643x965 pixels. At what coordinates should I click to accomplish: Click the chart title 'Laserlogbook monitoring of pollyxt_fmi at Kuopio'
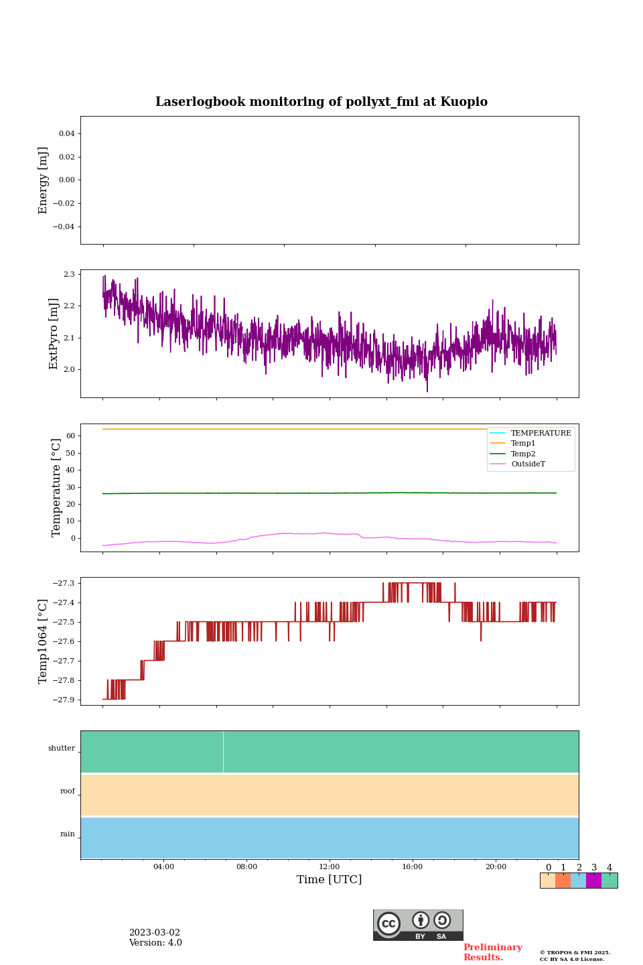point(321,102)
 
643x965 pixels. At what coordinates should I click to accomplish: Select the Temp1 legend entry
point(523,444)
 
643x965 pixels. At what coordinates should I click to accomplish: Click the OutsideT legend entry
point(528,464)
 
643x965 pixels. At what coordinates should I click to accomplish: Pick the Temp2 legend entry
point(523,454)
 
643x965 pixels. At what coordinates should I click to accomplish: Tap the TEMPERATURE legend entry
point(541,434)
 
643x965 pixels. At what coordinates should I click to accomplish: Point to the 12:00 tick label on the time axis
point(330,867)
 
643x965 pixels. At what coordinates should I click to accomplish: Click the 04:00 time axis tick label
point(163,867)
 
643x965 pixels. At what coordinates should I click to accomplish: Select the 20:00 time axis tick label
point(496,867)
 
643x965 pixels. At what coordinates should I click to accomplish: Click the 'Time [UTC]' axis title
point(330,880)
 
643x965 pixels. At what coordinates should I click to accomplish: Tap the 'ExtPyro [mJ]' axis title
point(54,334)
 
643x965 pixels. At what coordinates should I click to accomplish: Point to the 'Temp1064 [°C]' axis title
point(44,641)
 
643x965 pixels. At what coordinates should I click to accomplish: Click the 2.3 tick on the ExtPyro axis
point(69,275)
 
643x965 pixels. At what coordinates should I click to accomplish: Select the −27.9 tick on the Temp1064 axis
point(65,700)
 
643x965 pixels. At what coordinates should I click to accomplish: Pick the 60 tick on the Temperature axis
point(70,436)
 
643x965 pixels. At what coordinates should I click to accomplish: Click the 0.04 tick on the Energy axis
point(66,134)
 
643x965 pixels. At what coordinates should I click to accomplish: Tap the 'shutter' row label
point(62,749)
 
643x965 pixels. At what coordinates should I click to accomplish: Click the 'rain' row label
point(68,834)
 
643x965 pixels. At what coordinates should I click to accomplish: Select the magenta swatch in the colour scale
point(593,881)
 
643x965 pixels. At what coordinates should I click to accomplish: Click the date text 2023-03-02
point(155,933)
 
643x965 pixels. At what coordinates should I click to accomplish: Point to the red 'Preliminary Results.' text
point(492,952)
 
